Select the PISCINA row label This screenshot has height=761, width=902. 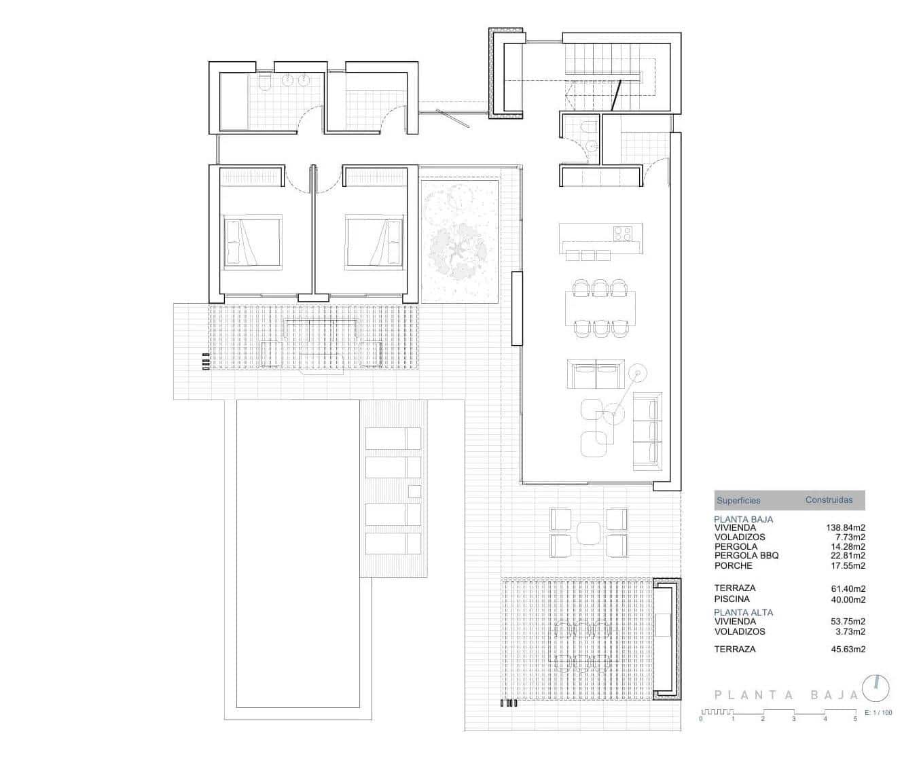732,599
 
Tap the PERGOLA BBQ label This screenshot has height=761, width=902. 746,555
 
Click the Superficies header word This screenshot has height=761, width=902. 738,501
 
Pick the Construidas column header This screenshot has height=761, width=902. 829,500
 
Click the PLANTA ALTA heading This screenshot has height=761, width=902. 743,612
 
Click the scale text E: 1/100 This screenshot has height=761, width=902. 878,713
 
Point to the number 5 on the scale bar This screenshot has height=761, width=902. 855,718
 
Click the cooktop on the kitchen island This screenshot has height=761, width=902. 623,233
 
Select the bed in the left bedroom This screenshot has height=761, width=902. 252,241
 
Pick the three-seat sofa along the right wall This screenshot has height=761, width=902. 646,431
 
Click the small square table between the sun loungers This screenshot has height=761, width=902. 414,491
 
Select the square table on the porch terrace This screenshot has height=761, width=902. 590,533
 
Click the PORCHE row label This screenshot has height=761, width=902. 734,565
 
